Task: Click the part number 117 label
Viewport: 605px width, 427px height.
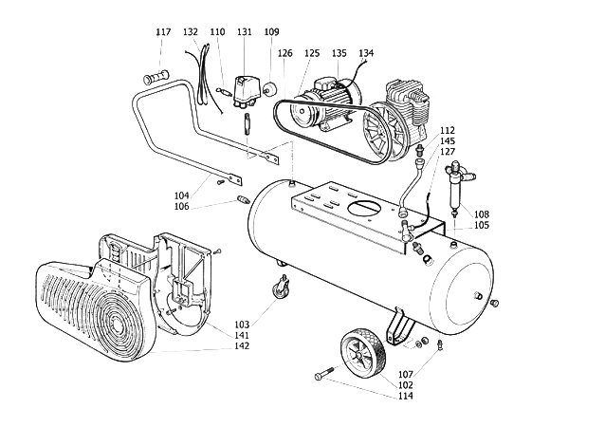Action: coord(163,32)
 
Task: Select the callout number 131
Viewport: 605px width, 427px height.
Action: coord(245,32)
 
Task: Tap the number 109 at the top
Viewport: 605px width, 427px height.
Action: coord(271,32)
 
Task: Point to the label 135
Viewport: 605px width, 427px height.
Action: coord(339,53)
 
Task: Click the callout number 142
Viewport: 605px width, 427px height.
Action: coord(242,346)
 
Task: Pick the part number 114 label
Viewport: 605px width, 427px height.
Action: coord(406,396)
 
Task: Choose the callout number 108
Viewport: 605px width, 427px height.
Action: coord(482,214)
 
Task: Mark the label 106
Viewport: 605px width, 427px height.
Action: coord(182,207)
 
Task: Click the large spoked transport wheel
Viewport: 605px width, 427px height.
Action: coord(363,354)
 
